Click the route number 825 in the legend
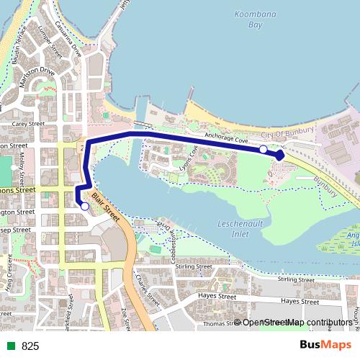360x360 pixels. tap(30, 346)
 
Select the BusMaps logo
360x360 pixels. tap(325, 346)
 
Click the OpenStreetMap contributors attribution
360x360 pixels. tap(297, 323)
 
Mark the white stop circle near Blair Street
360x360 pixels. tap(85, 207)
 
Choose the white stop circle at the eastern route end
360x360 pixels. tap(264, 149)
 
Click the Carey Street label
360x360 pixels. tap(28, 124)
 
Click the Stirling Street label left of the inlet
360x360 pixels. tap(193, 266)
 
